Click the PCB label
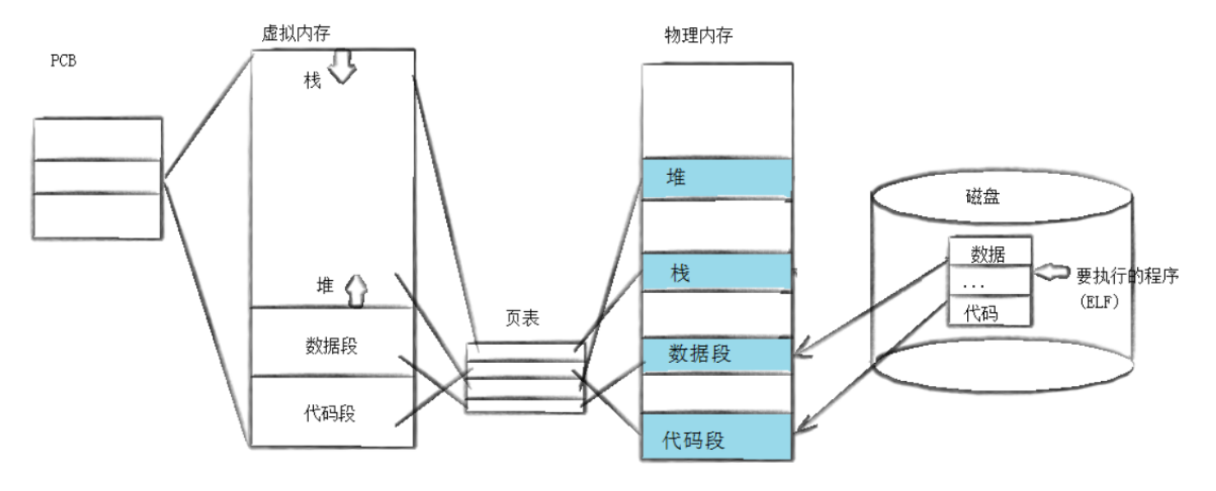pos(63,62)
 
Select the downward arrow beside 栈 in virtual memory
pos(342,71)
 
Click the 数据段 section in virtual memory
pos(331,343)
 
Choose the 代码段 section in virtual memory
pos(331,412)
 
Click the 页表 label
pos(522,319)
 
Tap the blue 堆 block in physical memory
pos(716,177)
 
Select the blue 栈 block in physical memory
pos(716,272)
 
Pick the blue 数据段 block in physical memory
pos(716,354)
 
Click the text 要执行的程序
pos(1128,276)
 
